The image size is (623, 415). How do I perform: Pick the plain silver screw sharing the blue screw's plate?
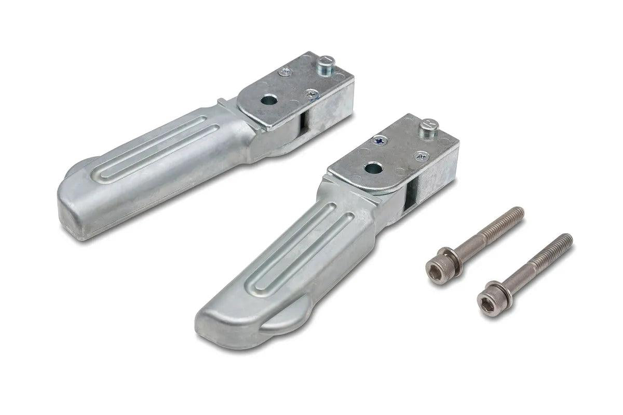click(x=422, y=156)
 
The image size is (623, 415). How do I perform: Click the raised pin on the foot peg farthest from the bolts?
click(x=326, y=65)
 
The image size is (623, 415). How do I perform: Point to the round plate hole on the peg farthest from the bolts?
click(x=268, y=99)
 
